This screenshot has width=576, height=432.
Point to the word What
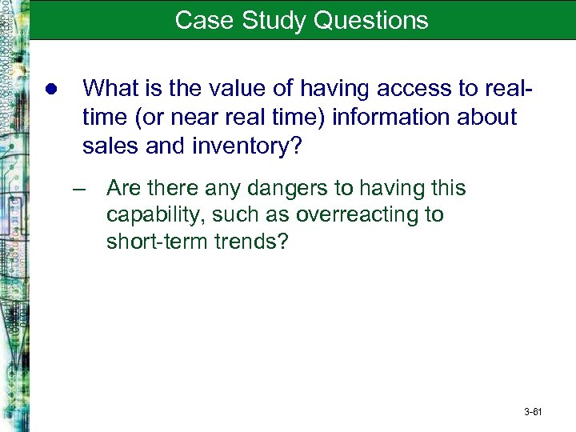(x=109, y=87)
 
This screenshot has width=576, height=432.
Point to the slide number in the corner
(x=533, y=413)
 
